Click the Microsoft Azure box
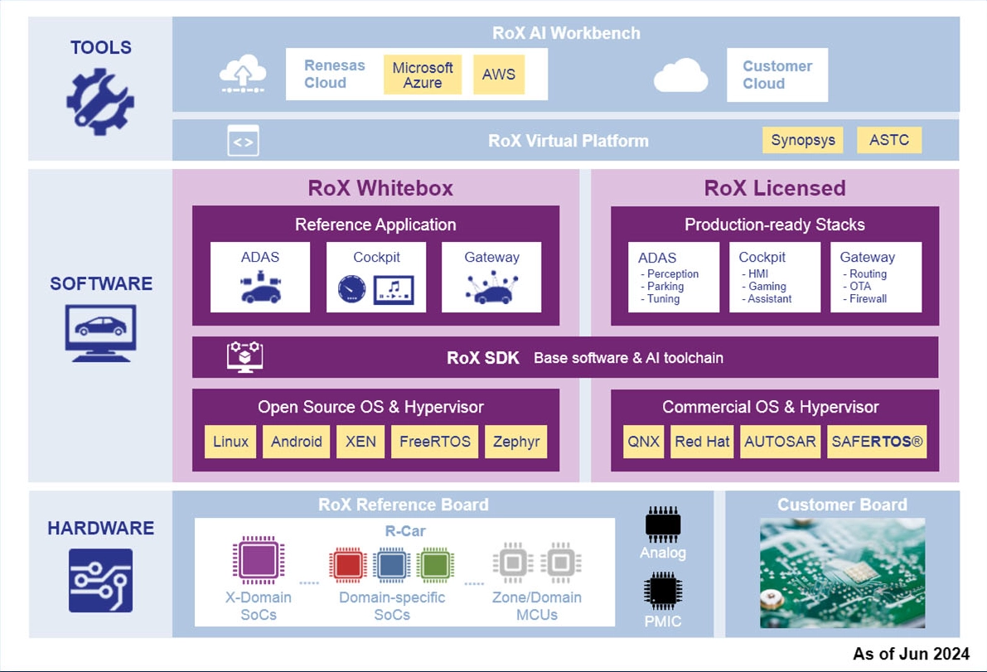[x=423, y=75]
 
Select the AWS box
[x=499, y=75]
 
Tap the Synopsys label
[x=802, y=140]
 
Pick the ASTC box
[x=889, y=140]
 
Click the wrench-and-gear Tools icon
[x=100, y=103]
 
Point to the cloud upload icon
[x=243, y=74]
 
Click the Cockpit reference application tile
[x=376, y=277]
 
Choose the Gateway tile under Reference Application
[x=491, y=277]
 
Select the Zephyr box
[x=516, y=442]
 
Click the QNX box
[x=644, y=442]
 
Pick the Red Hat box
[x=702, y=442]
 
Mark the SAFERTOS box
[x=877, y=442]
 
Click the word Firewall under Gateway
[x=868, y=299]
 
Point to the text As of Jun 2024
[x=911, y=655]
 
